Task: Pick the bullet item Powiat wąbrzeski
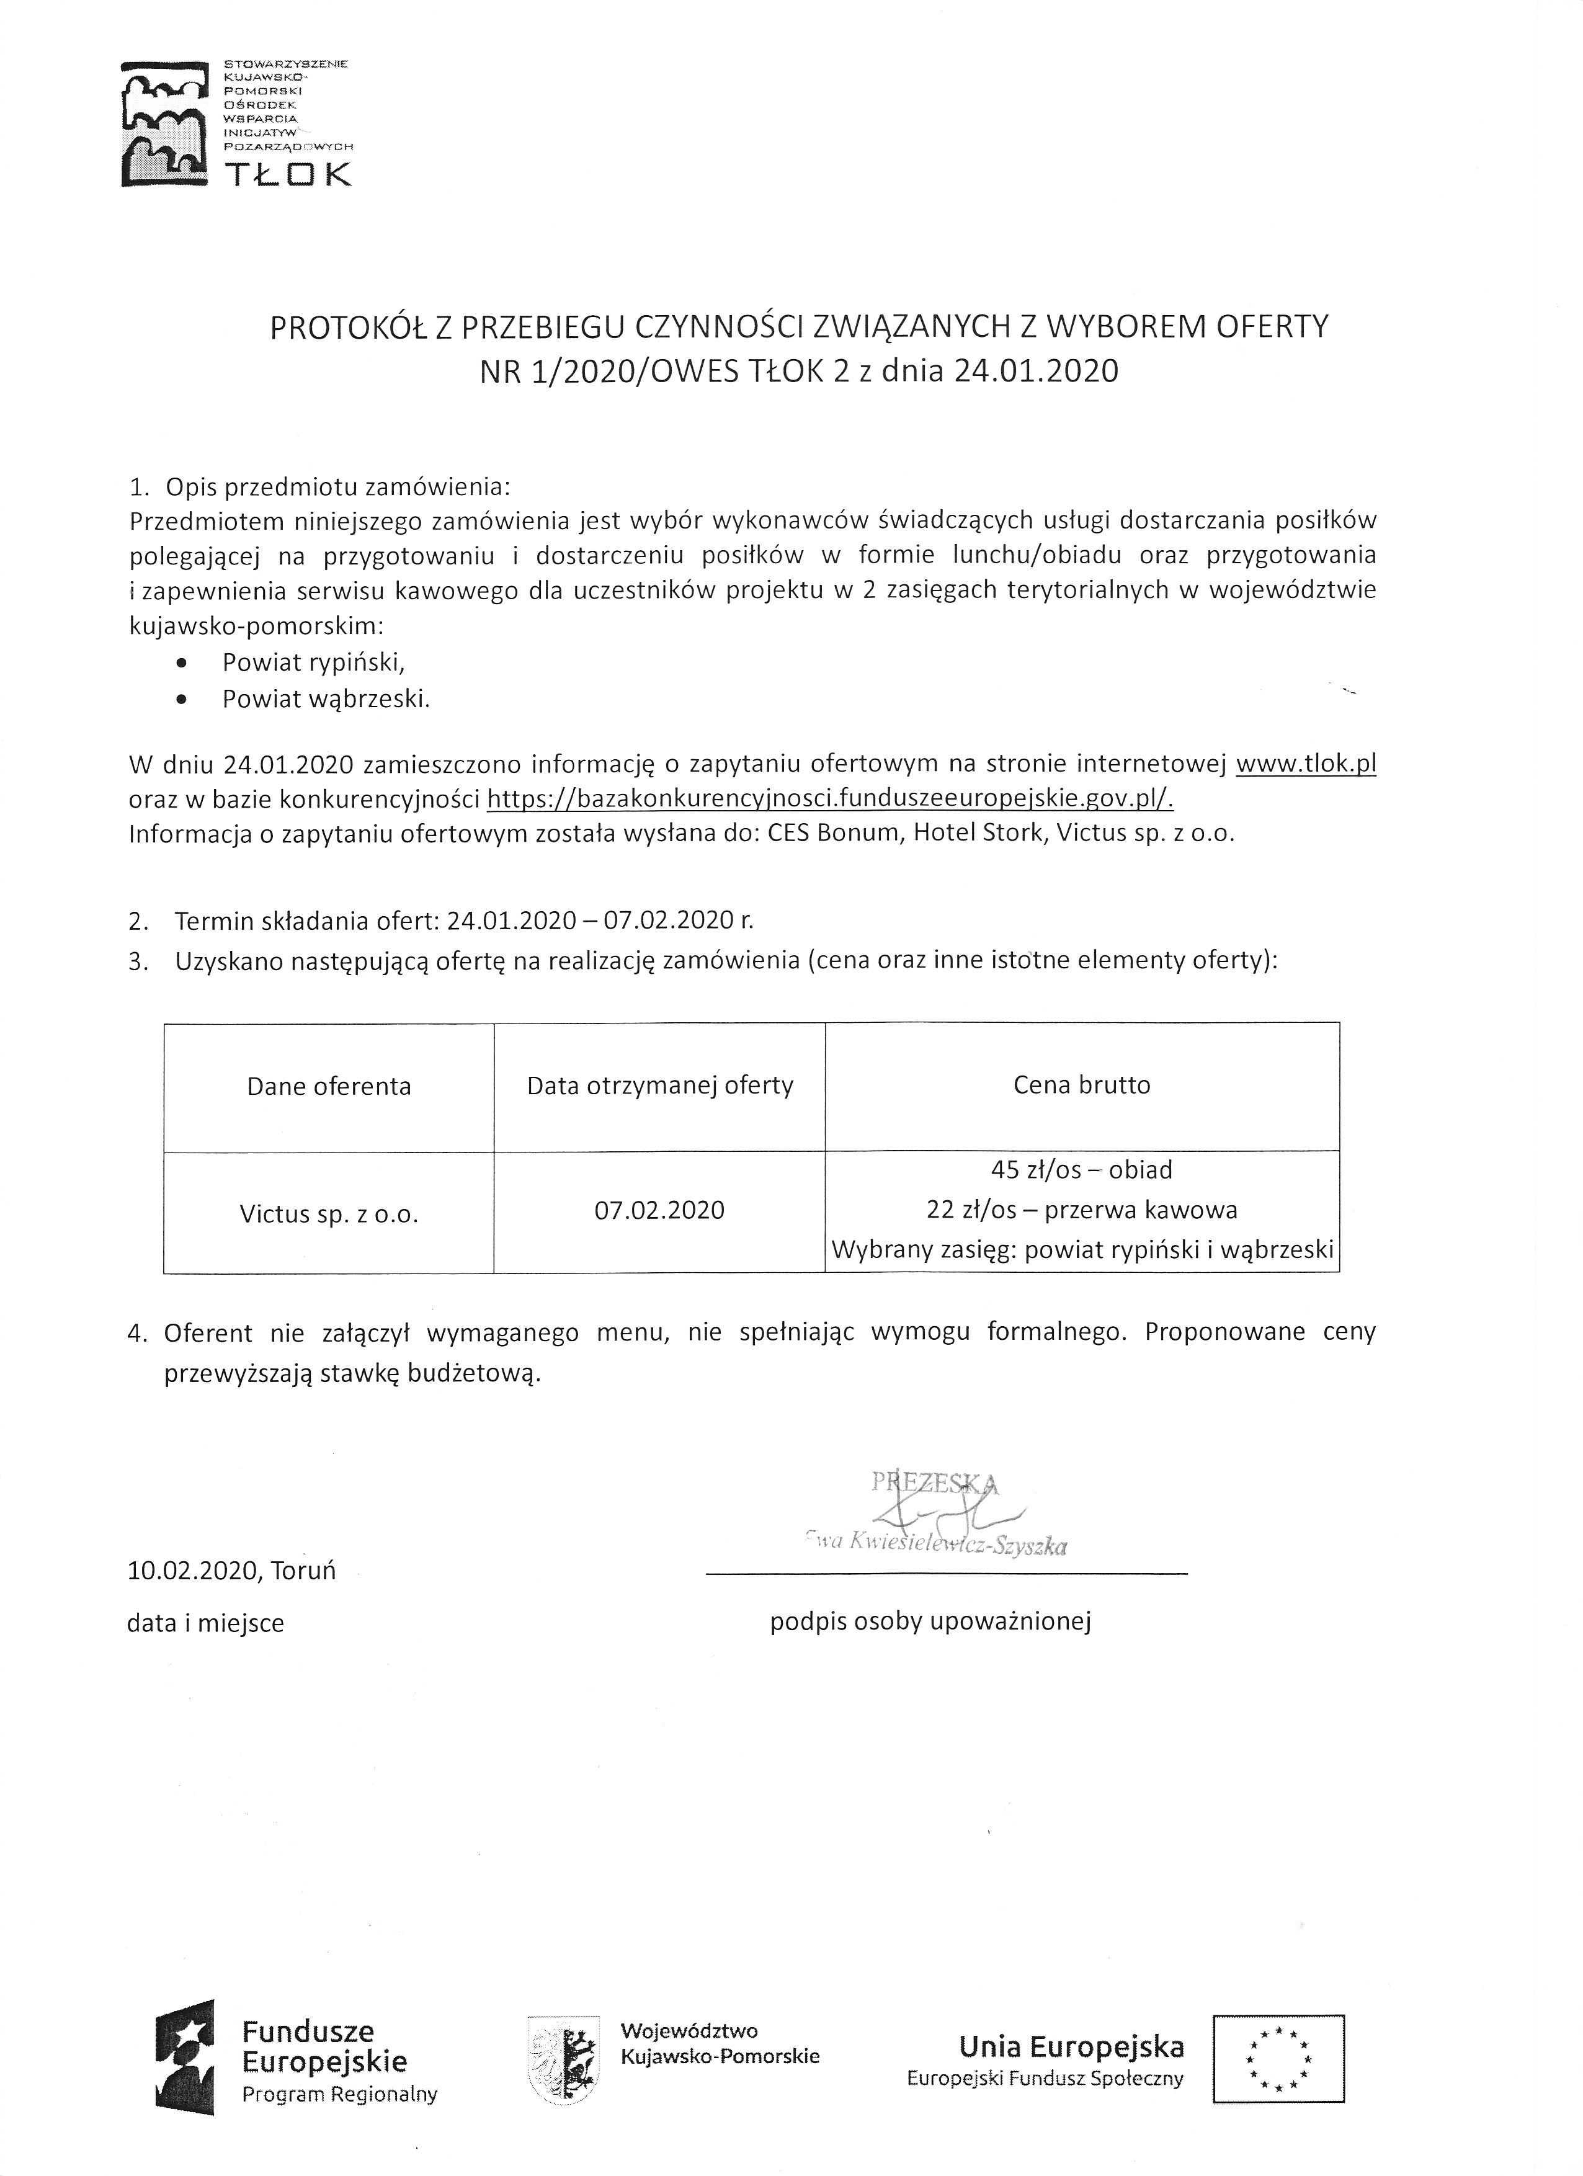point(325,698)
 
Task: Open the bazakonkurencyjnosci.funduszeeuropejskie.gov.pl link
point(830,798)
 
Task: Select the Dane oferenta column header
point(329,1086)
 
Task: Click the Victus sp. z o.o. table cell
point(329,1214)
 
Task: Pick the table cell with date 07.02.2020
point(660,1210)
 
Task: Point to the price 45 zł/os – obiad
point(1081,1169)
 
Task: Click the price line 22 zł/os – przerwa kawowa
point(1081,1210)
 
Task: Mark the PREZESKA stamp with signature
point(935,1513)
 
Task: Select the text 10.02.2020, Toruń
point(231,1571)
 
